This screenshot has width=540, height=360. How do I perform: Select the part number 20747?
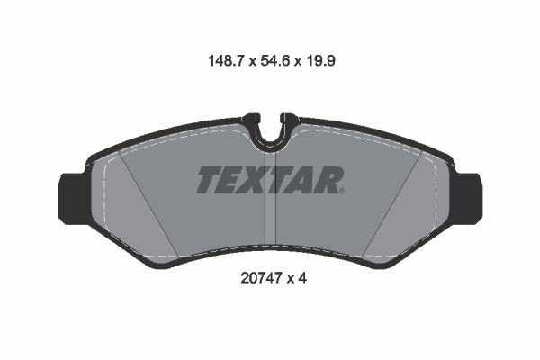pos(256,279)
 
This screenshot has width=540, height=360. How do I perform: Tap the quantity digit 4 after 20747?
pos(304,279)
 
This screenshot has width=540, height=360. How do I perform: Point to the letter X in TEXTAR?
pos(257,180)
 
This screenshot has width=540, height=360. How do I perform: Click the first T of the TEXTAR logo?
pos(210,180)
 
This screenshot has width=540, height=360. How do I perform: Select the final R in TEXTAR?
pos(328,180)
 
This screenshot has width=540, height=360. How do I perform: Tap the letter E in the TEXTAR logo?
pos(234,180)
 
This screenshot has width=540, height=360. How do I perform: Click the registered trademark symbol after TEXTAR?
pos(342,190)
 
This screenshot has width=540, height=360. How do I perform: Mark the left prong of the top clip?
pos(252,121)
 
